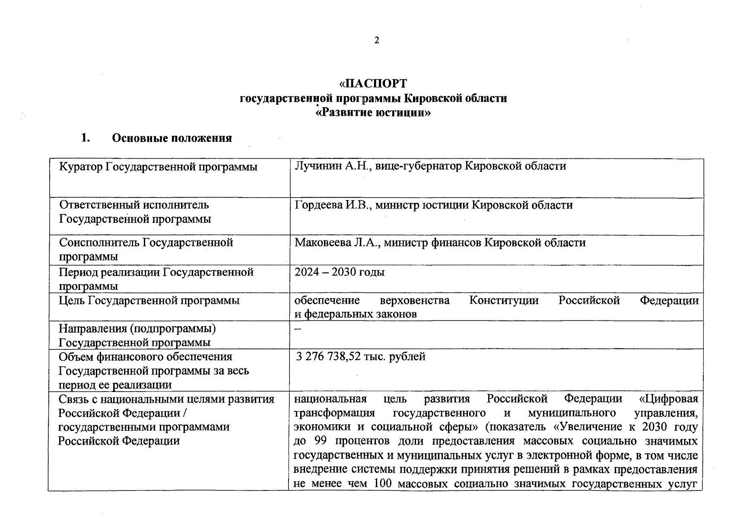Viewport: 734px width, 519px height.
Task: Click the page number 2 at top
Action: coord(377,41)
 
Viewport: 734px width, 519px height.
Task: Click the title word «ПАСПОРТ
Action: coord(373,83)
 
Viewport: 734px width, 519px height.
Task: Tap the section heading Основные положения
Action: coord(172,138)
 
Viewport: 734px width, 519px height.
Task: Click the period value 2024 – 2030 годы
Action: coord(340,272)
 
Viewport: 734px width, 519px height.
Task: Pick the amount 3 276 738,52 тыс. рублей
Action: coord(361,356)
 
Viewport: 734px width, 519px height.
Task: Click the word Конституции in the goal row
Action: coord(504,300)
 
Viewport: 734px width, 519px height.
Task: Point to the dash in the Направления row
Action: coord(298,328)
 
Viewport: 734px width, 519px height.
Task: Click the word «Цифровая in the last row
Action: coord(668,398)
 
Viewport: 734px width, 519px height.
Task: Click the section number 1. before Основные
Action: coord(86,138)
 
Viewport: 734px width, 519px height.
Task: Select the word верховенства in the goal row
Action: coord(414,300)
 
